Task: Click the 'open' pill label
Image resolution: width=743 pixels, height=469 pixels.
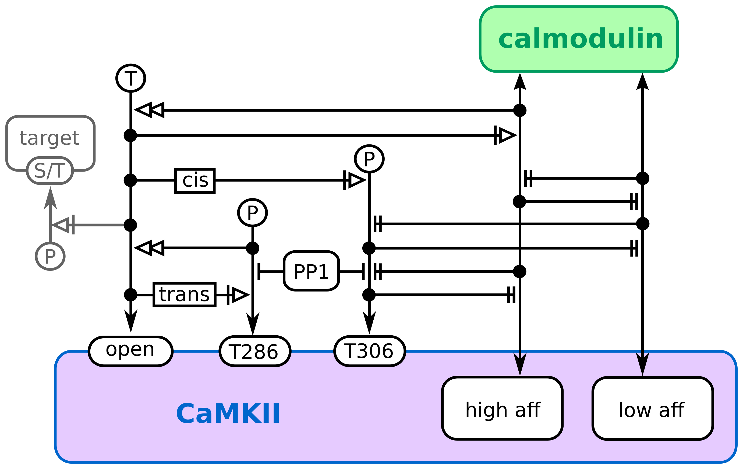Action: tap(130, 351)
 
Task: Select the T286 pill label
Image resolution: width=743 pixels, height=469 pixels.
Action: tap(255, 351)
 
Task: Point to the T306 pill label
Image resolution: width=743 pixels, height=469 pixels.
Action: tap(370, 351)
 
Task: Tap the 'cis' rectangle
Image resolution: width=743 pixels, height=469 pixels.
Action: tap(195, 181)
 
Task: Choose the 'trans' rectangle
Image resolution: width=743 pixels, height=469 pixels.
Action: tap(184, 294)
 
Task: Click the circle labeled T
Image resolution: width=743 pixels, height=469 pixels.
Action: tap(131, 78)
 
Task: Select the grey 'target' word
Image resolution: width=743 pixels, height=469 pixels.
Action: tap(50, 138)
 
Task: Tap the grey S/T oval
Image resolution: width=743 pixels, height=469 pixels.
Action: tap(50, 170)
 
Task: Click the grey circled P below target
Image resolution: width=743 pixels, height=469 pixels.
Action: tap(50, 256)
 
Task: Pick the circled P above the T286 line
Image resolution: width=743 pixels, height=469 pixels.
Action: tap(252, 213)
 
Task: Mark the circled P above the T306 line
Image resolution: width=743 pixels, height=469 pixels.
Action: tap(369, 159)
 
